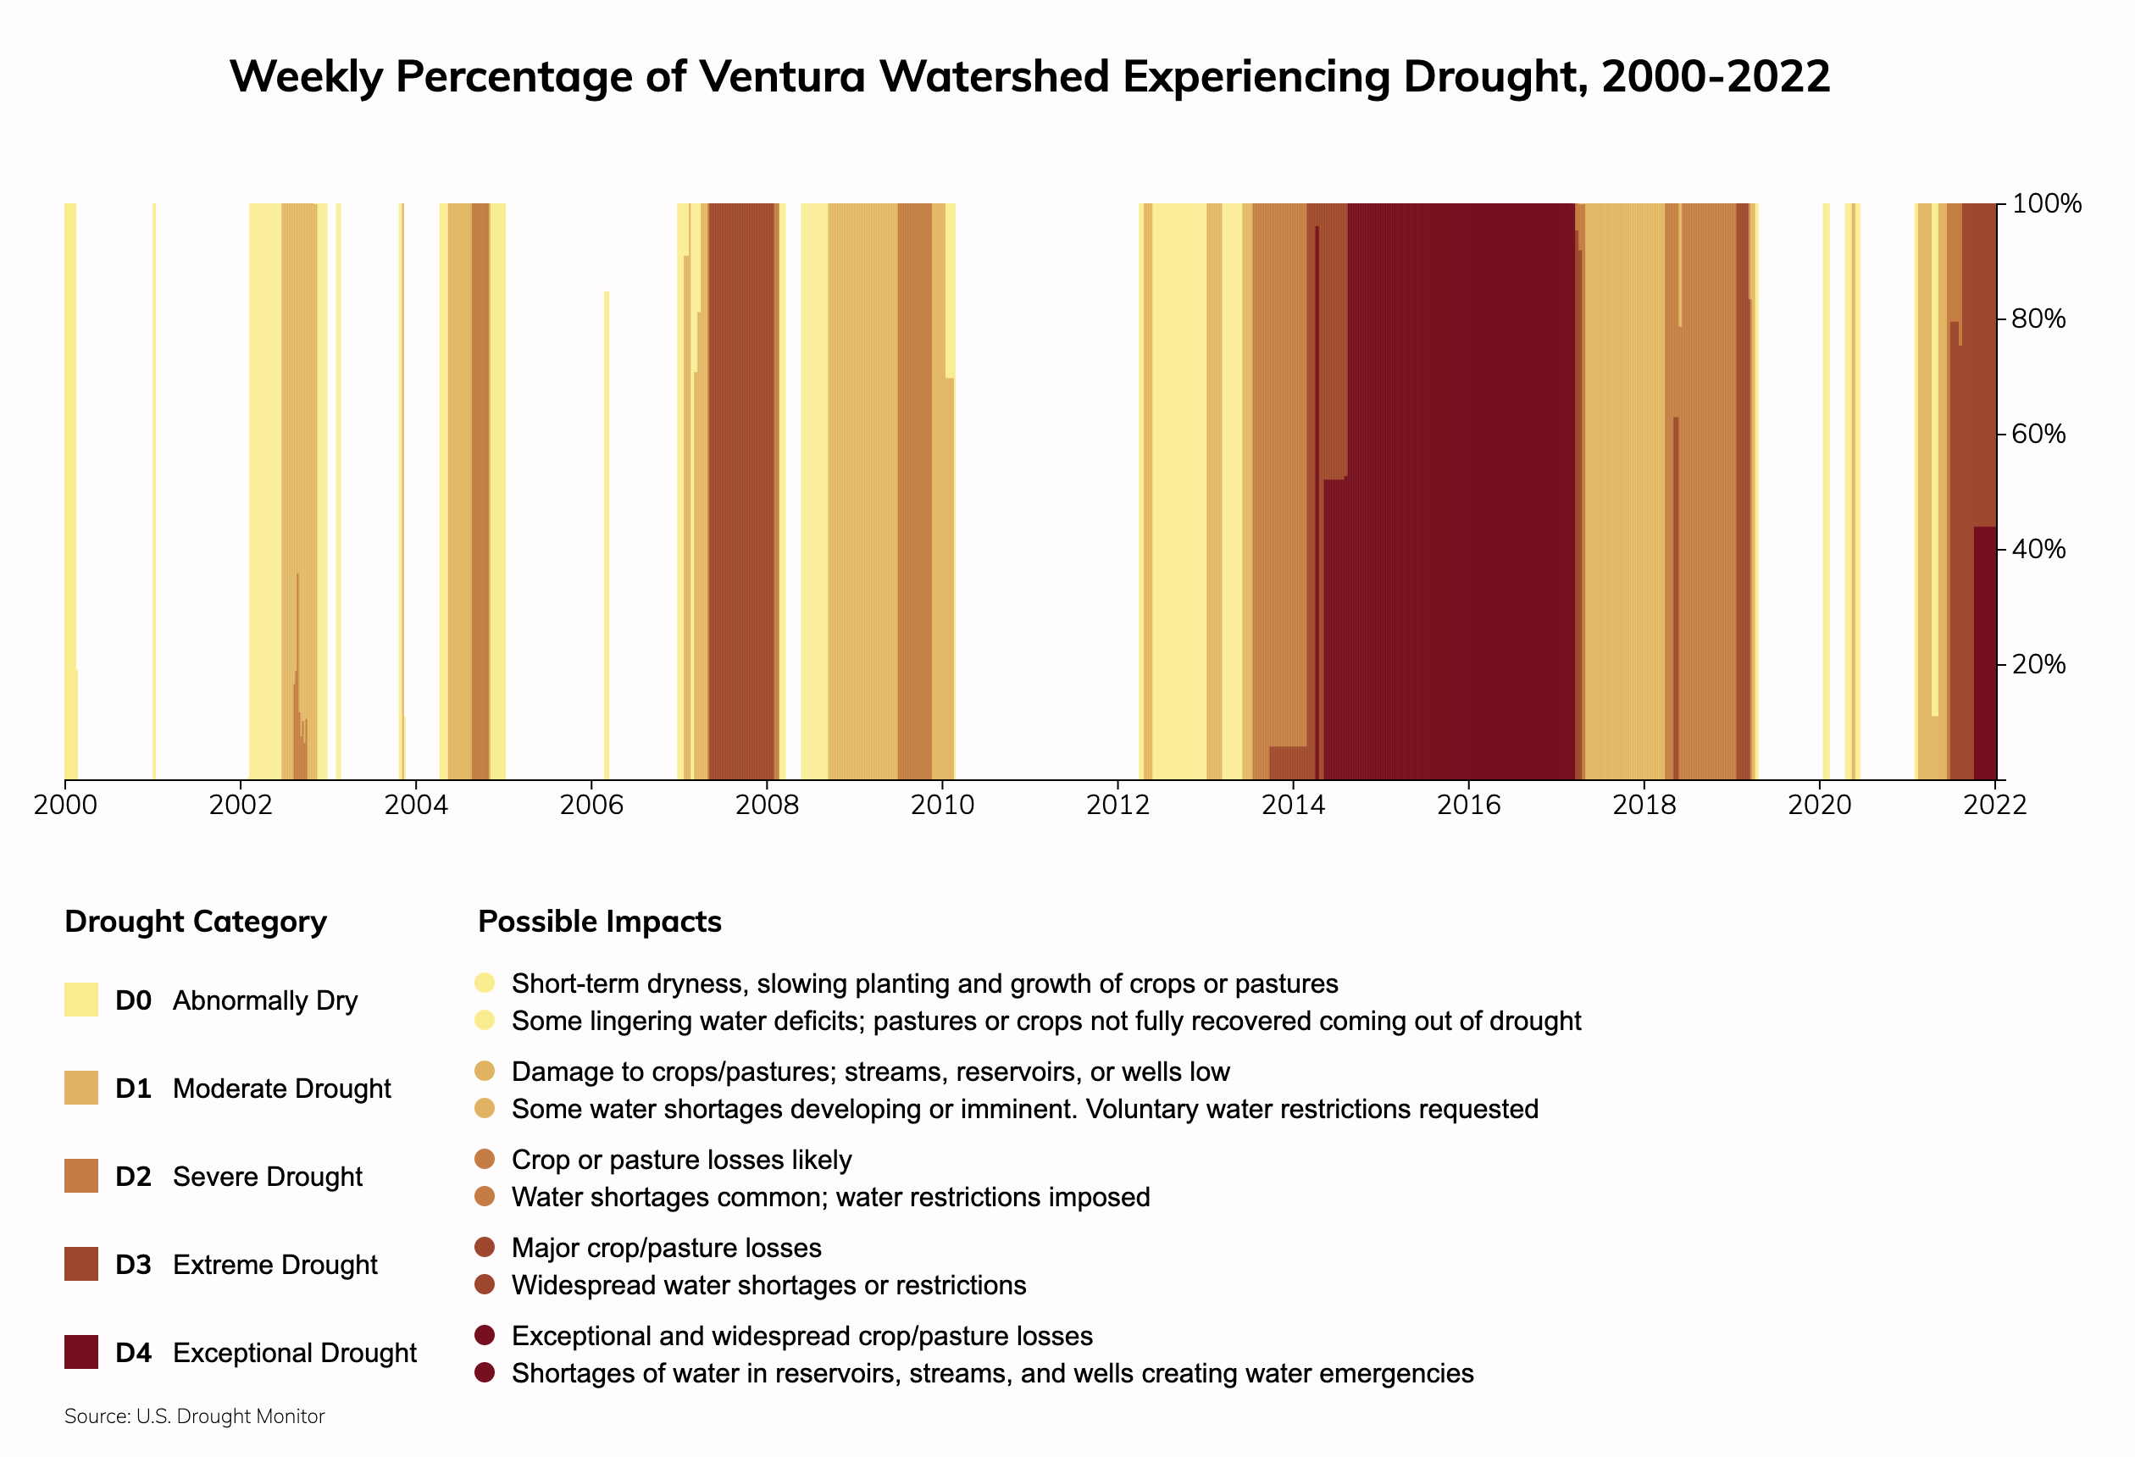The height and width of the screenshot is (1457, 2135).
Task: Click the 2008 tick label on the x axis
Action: click(x=766, y=806)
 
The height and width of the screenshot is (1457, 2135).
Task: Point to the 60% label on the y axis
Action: click(x=2038, y=434)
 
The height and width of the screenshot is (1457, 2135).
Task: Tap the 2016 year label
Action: click(x=1468, y=806)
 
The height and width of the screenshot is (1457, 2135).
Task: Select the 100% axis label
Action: click(x=2046, y=204)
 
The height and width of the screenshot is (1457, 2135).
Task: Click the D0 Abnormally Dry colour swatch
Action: click(x=80, y=1000)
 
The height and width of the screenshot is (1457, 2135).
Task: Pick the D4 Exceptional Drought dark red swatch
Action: click(x=80, y=1352)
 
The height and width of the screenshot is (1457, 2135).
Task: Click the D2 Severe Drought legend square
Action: click(x=80, y=1176)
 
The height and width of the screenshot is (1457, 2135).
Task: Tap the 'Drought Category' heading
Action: click(x=196, y=922)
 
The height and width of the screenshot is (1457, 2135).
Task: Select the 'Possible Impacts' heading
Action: click(x=599, y=922)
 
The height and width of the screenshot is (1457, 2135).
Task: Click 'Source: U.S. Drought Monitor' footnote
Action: click(x=195, y=1416)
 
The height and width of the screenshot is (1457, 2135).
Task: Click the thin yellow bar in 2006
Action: click(x=607, y=533)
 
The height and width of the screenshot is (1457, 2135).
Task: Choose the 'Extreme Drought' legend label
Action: click(x=274, y=1265)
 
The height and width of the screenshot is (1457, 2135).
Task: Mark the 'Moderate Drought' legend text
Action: click(x=281, y=1089)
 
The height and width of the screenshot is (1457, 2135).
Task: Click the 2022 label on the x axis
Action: click(x=1994, y=806)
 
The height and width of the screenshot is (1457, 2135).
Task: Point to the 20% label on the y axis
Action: click(x=2038, y=664)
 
